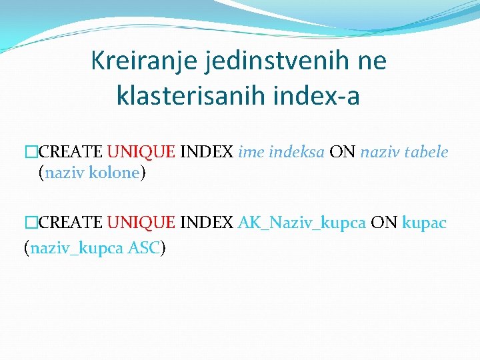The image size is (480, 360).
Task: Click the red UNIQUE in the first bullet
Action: (x=141, y=152)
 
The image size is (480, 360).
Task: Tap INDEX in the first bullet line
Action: (x=207, y=152)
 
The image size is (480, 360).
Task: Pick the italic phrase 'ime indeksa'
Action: (x=281, y=152)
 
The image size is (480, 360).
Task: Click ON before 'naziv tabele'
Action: (x=343, y=152)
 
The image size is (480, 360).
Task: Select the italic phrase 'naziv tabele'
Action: (x=404, y=152)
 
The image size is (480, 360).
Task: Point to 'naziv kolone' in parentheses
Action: (x=92, y=173)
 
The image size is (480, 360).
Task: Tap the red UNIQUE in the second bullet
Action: (x=141, y=223)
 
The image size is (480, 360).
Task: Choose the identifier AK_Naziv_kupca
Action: (x=301, y=223)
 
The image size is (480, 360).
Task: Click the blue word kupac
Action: (x=425, y=223)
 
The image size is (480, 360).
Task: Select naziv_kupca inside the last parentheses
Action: (x=77, y=248)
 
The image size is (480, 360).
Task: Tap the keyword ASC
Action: (x=143, y=248)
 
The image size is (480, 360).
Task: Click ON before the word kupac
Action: (x=384, y=223)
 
